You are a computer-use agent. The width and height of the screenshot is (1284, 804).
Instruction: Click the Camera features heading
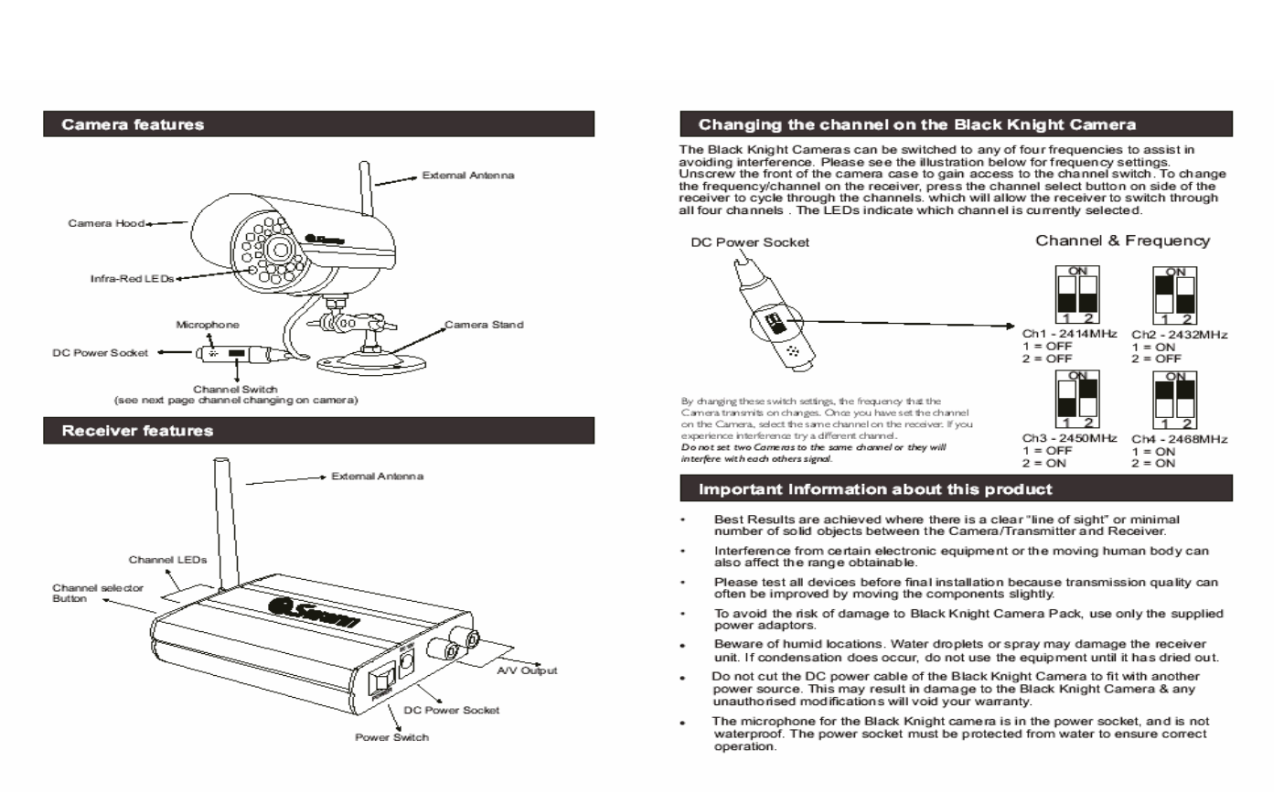(133, 125)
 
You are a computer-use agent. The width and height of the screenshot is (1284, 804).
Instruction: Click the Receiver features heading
(137, 431)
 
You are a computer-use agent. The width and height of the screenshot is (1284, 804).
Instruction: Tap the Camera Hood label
(106, 223)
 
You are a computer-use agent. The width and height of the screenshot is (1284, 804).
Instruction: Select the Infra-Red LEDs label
(132, 278)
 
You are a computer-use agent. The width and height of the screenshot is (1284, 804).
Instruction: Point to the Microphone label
(208, 325)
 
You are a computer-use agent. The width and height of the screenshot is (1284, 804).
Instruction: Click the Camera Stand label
(484, 325)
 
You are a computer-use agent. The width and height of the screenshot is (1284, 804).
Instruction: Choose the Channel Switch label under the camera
(235, 390)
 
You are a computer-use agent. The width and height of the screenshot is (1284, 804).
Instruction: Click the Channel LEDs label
(167, 560)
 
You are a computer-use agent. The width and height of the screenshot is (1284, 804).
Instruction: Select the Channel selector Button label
(97, 594)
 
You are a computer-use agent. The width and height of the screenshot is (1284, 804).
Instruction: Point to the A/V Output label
(527, 670)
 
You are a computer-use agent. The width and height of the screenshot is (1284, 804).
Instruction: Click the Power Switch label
(391, 737)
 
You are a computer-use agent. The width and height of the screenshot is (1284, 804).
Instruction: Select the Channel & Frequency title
(1122, 241)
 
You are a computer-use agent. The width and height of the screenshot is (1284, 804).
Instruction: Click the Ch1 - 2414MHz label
(1069, 334)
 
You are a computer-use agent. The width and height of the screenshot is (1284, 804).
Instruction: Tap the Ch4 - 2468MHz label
(1179, 439)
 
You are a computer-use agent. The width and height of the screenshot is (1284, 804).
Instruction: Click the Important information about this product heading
(875, 489)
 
